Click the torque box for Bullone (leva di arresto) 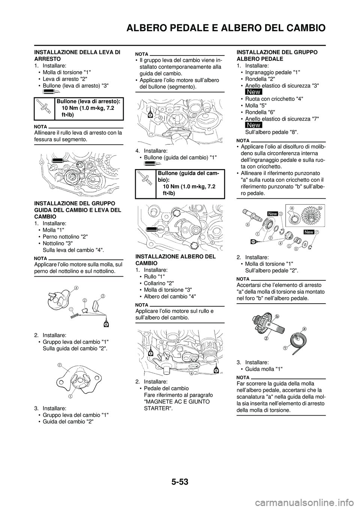(78, 108)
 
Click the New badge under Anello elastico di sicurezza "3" (254, 92)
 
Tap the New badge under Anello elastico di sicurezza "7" (254, 125)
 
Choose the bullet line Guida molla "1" (264, 369)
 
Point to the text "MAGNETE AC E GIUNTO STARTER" (172, 404)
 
